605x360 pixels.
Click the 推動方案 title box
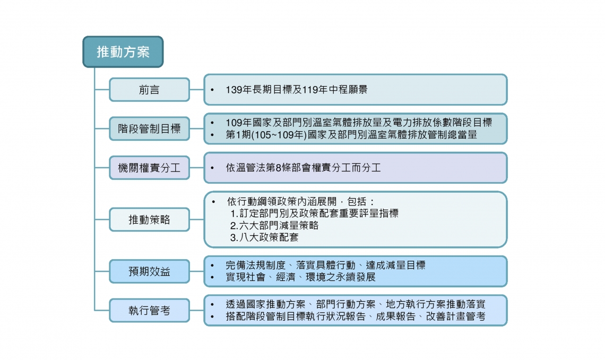[x=123, y=52]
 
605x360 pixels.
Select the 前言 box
[x=149, y=90]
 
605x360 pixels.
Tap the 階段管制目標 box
[x=149, y=128]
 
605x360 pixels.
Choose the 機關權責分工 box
[x=149, y=167]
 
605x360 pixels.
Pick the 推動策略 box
[x=149, y=219]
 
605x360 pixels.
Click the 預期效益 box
[x=149, y=271]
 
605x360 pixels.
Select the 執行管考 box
[x=149, y=310]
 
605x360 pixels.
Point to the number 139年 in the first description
[x=238, y=90]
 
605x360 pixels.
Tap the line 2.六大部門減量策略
[x=274, y=225]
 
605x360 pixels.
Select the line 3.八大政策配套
[x=264, y=237]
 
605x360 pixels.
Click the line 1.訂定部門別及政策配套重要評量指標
[x=315, y=213]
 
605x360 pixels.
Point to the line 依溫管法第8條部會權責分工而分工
[x=303, y=167]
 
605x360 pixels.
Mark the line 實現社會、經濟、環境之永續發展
[x=300, y=277]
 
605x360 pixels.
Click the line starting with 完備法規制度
[x=326, y=265]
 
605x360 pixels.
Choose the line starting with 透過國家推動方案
[x=356, y=304]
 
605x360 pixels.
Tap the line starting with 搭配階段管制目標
[x=356, y=316]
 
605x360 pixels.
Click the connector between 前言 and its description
[x=197, y=90]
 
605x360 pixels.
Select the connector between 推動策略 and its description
[x=197, y=219]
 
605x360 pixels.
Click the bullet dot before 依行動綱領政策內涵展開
[x=213, y=202]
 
